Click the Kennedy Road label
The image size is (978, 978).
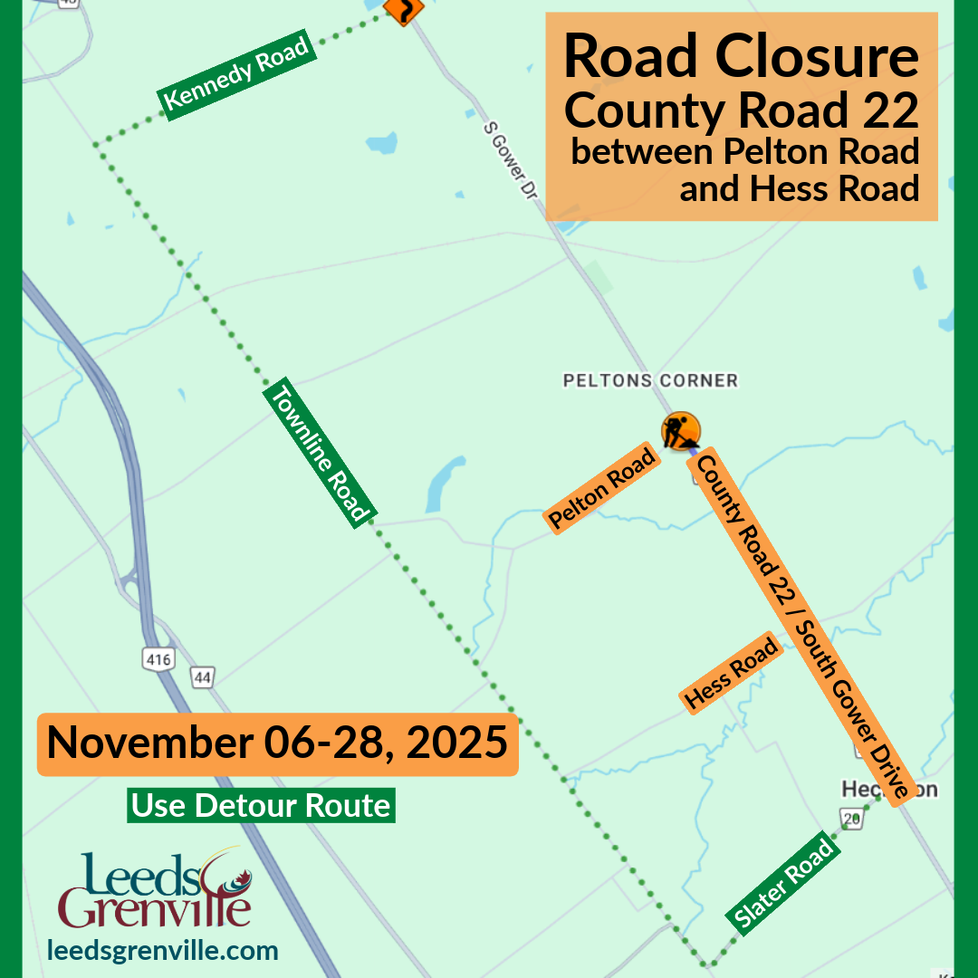(238, 74)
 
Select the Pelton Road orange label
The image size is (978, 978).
(602, 488)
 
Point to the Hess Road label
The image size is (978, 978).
(732, 673)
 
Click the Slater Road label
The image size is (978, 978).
(784, 885)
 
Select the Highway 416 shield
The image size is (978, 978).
(158, 659)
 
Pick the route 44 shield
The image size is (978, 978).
(202, 676)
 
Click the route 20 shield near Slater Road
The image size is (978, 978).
(850, 820)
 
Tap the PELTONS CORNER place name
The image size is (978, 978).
(650, 380)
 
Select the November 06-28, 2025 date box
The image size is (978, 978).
(277, 743)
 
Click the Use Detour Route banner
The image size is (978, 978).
(261, 805)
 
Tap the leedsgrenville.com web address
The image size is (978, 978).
(163, 951)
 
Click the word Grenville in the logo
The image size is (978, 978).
(154, 908)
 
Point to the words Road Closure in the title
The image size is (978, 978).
(741, 56)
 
